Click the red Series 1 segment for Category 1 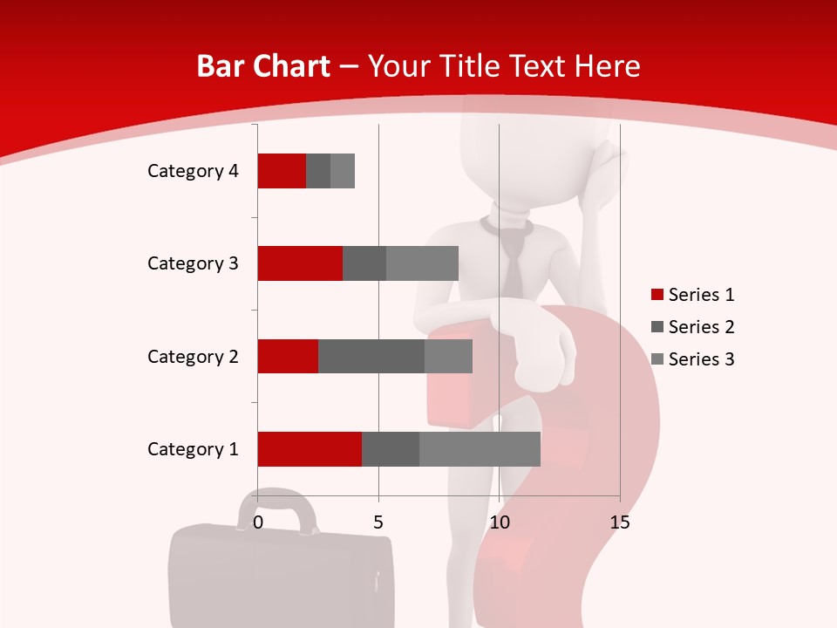[x=310, y=449]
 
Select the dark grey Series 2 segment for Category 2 [x=371, y=356]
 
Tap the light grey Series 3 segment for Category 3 [x=422, y=263]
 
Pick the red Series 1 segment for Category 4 [x=282, y=171]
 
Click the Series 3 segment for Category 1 [x=480, y=449]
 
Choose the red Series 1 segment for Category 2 [x=288, y=356]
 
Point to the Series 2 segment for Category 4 [x=318, y=171]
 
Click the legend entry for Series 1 [x=692, y=295]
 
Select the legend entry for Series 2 [x=692, y=327]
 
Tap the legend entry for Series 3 [x=692, y=359]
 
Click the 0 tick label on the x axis [x=258, y=522]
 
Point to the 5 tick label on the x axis [x=378, y=522]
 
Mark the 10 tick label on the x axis [x=499, y=522]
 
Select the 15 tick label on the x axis [x=619, y=522]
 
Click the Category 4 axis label [x=193, y=171]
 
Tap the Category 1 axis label [x=193, y=449]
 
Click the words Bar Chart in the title [x=263, y=66]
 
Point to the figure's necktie [x=514, y=262]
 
